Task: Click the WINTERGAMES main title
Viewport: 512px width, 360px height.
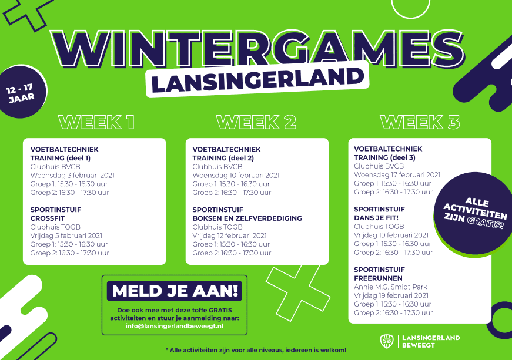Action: click(257, 48)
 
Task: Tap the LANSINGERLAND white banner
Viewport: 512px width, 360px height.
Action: click(257, 79)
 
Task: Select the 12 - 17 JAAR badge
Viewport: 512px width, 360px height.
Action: click(23, 92)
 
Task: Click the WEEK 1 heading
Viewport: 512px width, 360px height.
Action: click(96, 122)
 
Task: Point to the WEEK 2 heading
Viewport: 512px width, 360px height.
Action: click(256, 122)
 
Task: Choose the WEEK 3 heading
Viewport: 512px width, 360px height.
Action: click(420, 122)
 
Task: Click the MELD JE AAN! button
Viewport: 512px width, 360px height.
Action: click(175, 291)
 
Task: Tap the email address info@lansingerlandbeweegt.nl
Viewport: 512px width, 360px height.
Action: click(175, 326)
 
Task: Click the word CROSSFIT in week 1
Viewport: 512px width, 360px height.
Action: click(48, 218)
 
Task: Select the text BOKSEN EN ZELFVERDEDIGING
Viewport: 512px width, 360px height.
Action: click(247, 218)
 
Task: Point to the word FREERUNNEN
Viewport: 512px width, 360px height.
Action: click(378, 278)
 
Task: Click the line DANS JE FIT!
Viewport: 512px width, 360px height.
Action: click(376, 218)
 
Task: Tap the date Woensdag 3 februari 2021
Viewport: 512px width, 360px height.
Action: click(72, 175)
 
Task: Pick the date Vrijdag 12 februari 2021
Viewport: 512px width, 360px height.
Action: click(230, 235)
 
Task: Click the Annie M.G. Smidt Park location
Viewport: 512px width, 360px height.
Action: click(390, 287)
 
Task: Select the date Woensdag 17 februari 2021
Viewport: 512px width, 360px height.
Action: click(397, 175)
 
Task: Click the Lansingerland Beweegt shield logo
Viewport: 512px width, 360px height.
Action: click(387, 341)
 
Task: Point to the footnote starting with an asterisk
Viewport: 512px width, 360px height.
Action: click(256, 350)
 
